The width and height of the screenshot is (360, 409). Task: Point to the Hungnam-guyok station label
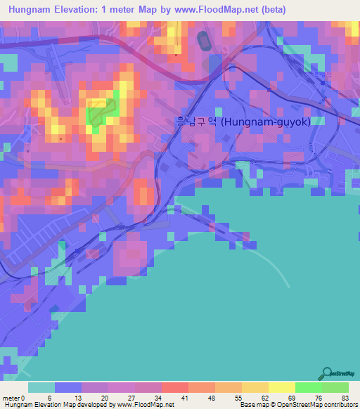266,122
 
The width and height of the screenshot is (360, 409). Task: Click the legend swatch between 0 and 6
41,387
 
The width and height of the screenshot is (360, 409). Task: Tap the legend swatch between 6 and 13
68,387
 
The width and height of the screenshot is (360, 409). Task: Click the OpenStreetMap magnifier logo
327,373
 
